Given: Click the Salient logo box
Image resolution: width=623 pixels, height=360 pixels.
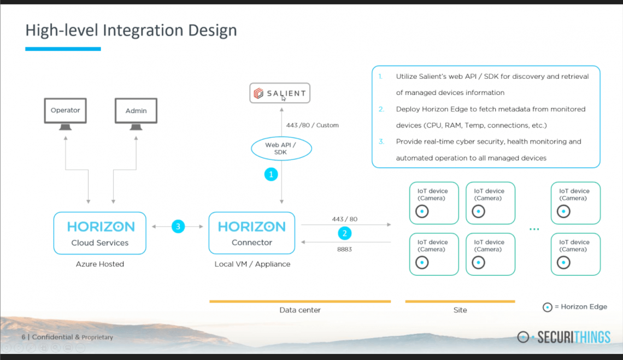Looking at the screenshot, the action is click(x=280, y=93).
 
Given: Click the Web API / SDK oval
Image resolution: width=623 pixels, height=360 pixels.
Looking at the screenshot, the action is click(x=281, y=149).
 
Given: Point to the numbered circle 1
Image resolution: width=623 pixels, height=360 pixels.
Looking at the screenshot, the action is click(x=271, y=174).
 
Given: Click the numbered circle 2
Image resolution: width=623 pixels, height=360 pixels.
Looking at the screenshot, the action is click(x=344, y=233).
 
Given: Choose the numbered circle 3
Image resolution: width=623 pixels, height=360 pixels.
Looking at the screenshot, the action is click(x=178, y=227).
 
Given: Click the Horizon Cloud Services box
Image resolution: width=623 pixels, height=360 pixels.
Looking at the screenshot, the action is click(x=99, y=233).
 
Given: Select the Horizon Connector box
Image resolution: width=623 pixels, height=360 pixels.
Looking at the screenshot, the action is click(x=252, y=233).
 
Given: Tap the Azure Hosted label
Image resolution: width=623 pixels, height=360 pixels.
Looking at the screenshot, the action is click(x=99, y=264).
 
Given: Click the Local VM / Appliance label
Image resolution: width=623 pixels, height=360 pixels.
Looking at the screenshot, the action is click(x=252, y=264).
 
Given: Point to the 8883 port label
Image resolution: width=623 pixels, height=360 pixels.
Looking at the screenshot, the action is click(x=344, y=249).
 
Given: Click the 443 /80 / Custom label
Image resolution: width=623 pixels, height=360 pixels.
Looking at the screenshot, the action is click(x=312, y=125).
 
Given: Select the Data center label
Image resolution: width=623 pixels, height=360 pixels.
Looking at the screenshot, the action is click(x=300, y=310).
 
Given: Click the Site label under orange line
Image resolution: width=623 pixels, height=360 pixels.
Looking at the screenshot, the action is click(x=460, y=310).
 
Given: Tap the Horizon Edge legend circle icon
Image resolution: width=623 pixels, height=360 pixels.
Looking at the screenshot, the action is click(x=548, y=307).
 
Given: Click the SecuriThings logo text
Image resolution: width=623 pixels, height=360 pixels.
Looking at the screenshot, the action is click(x=574, y=338).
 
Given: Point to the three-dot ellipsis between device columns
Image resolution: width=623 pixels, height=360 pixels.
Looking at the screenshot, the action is click(x=534, y=229).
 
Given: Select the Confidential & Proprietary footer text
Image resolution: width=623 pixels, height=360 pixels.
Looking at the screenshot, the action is click(x=72, y=337).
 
